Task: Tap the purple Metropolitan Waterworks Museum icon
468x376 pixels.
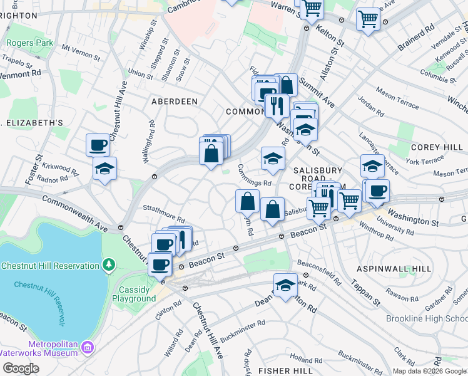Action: coord(88,347)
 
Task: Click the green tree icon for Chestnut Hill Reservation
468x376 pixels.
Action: coord(109,265)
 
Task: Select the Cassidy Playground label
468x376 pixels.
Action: coord(134,294)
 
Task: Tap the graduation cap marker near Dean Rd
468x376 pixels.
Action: coord(285,285)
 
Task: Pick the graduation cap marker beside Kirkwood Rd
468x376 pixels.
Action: coord(104,167)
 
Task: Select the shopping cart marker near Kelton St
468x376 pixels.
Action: coord(311,8)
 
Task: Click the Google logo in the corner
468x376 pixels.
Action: coord(21,368)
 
